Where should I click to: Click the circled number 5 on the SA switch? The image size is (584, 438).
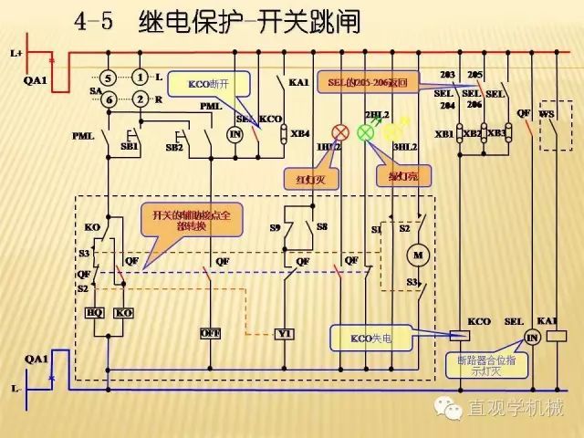click(109, 78)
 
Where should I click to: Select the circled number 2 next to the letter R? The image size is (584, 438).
click(140, 99)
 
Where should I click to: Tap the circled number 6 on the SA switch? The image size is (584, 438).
click(109, 99)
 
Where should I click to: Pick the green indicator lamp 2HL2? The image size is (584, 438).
click(366, 132)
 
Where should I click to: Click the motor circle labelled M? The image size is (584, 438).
click(419, 253)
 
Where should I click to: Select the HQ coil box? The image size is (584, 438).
click(94, 313)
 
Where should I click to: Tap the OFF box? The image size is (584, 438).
click(211, 334)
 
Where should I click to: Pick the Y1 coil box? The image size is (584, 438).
click(285, 334)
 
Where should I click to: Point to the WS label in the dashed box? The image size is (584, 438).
click(547, 114)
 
